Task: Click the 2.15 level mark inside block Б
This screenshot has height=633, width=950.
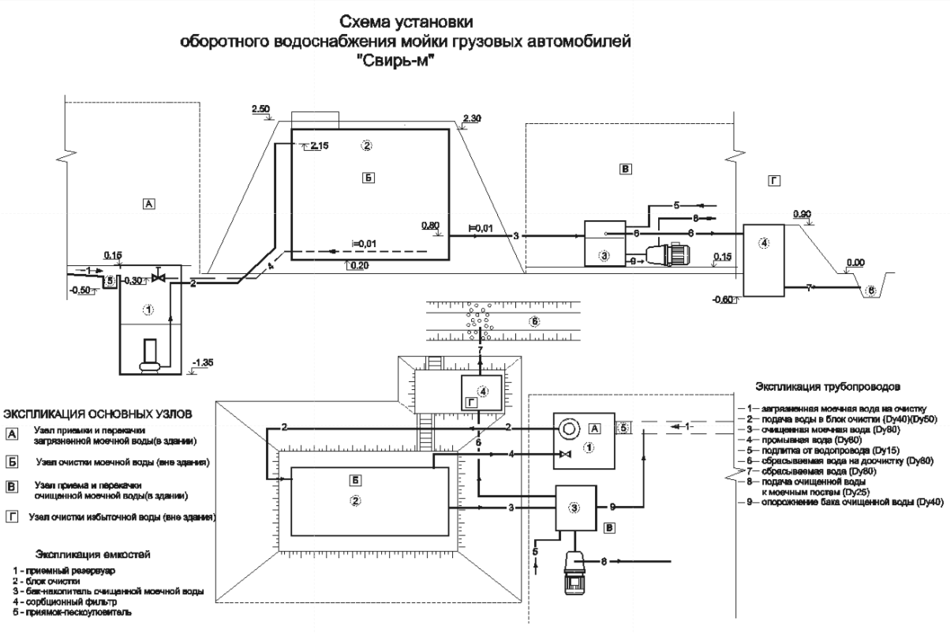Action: pyautogui.click(x=319, y=146)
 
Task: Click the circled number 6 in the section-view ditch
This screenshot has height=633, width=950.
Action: pyautogui.click(x=870, y=290)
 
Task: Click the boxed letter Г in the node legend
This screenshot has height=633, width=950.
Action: pyautogui.click(x=12, y=516)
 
